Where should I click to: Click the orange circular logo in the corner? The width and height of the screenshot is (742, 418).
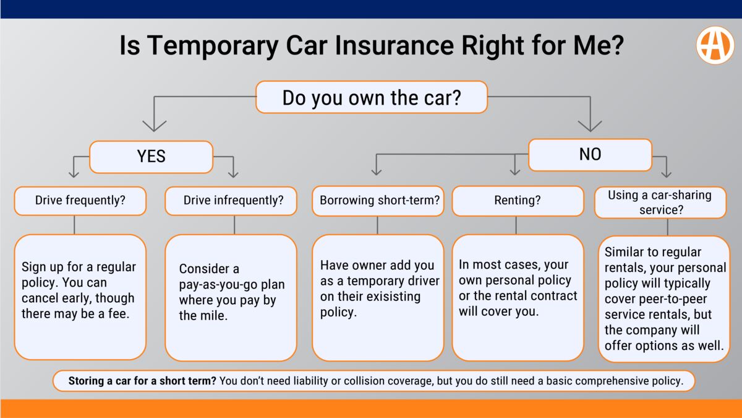pyautogui.click(x=715, y=45)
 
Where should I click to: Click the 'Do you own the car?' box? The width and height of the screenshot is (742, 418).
pyautogui.click(x=372, y=98)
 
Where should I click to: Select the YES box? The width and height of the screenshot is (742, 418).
pyautogui.click(x=151, y=157)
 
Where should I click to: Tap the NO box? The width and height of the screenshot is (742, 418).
pyautogui.click(x=590, y=154)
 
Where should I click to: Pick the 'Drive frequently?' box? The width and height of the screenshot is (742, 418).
pyautogui.click(x=80, y=201)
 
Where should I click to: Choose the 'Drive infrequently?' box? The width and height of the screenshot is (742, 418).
pyautogui.click(x=231, y=201)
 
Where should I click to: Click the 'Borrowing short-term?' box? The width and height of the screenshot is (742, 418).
pyautogui.click(x=378, y=201)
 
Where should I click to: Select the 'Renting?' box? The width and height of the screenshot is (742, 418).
pyautogui.click(x=518, y=201)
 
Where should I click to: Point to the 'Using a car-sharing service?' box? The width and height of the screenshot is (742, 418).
pyautogui.click(x=660, y=202)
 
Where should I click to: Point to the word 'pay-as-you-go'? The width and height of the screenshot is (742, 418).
pyautogui.click(x=218, y=285)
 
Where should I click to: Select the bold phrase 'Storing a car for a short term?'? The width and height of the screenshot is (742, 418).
pyautogui.click(x=142, y=381)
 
